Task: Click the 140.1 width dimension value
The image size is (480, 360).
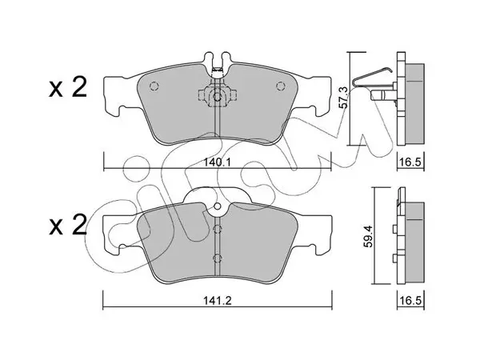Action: [x=217, y=162]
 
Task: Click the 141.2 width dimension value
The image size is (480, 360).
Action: [x=218, y=301]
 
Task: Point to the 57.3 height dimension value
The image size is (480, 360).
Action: [x=344, y=98]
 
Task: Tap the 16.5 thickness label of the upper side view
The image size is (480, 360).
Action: [x=410, y=162]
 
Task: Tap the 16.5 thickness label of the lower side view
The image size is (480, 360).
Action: [x=410, y=301]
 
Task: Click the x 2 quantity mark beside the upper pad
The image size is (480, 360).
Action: [x=68, y=87]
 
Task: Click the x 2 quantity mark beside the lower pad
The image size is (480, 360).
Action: [x=68, y=226]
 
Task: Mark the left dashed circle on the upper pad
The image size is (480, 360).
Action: [x=154, y=86]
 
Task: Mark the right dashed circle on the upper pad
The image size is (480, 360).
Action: [x=281, y=86]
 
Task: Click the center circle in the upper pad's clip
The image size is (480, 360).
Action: [x=217, y=97]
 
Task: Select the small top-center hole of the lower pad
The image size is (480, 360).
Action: [x=217, y=206]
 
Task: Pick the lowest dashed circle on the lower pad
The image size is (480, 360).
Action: [x=217, y=258]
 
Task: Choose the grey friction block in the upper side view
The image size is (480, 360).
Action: [x=414, y=103]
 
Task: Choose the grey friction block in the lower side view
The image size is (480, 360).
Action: [x=414, y=242]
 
